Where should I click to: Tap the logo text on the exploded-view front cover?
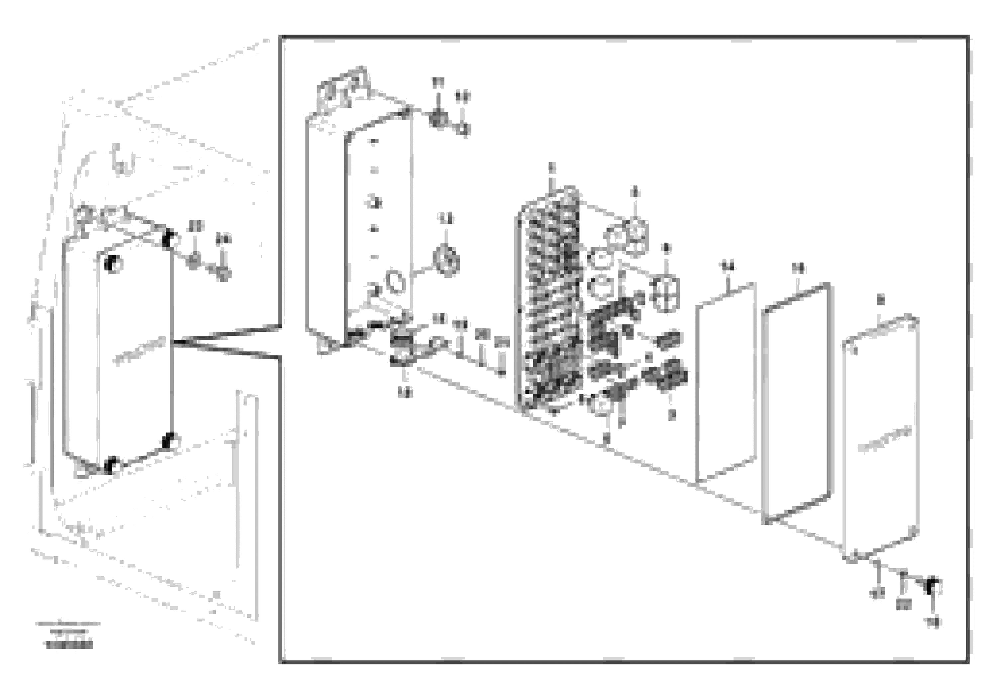tap(884, 439)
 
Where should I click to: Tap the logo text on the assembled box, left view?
tap(140, 351)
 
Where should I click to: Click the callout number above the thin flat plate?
tap(728, 268)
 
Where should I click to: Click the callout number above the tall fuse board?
tap(552, 168)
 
